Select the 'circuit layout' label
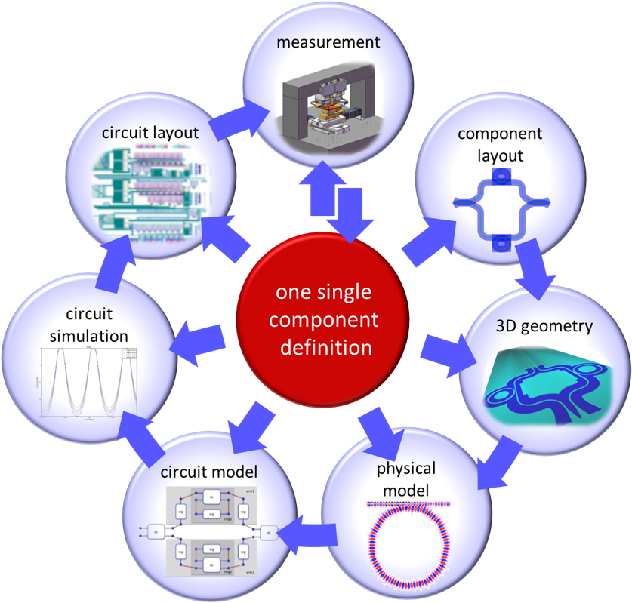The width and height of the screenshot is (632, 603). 151,133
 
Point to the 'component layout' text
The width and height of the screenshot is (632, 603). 501,146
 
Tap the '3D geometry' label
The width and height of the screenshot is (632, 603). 544,326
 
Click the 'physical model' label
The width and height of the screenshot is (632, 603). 406,480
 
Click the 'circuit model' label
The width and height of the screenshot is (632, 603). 209,472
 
